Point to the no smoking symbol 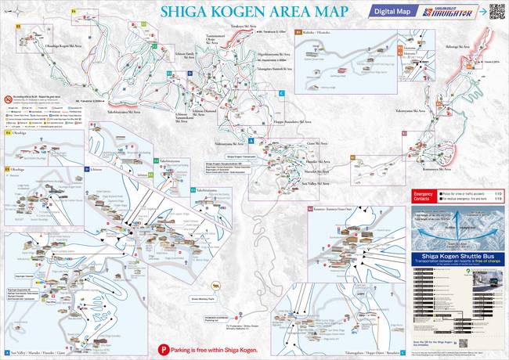(x=8, y=100)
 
